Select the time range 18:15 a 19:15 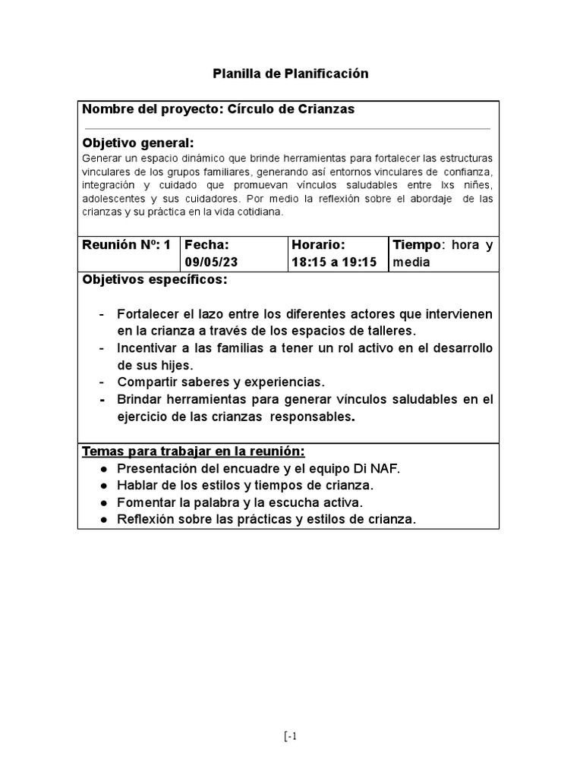(334, 262)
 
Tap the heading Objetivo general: (137, 143)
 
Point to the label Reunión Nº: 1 (126, 245)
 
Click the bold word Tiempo (416, 245)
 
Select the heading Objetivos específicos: (154, 281)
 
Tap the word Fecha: (206, 245)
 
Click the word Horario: (318, 245)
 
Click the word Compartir (147, 382)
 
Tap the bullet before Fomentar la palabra (103, 502)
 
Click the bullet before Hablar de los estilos (103, 486)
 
